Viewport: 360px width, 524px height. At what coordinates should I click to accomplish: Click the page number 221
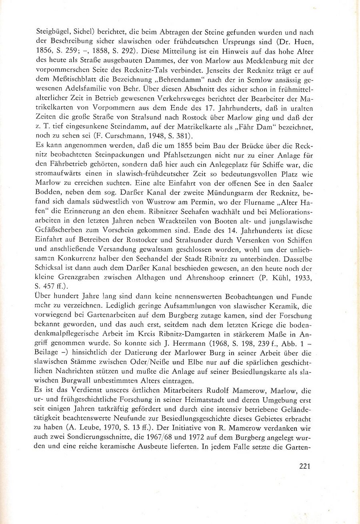click(x=305, y=465)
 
